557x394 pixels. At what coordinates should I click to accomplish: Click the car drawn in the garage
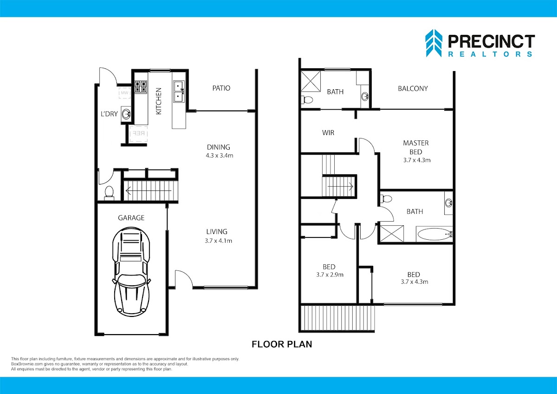coord(131,271)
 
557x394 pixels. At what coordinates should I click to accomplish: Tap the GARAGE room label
coord(131,218)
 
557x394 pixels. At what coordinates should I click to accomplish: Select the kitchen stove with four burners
coord(141,86)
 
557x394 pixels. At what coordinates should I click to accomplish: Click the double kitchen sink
coord(179,92)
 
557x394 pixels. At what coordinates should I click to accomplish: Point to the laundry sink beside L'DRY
coord(126,114)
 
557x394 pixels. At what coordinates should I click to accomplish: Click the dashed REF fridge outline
coord(138,134)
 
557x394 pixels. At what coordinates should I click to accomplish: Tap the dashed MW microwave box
coord(124,93)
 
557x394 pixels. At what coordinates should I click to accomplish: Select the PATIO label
coord(221,88)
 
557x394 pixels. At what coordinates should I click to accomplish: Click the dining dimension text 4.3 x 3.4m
coord(219,156)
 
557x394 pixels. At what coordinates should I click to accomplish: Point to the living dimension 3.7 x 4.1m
coord(218,241)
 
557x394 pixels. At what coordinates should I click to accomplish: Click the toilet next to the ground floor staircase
coord(109,193)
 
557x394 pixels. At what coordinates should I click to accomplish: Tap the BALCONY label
coord(413,89)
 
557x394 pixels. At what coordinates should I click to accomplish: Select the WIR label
coord(328,133)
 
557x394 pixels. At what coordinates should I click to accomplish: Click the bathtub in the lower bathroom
coord(434,234)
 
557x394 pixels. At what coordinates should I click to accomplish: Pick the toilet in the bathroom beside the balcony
coord(307,100)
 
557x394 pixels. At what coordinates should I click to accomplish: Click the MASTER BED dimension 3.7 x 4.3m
coord(417,160)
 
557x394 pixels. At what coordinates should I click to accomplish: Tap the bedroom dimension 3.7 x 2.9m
coord(330,275)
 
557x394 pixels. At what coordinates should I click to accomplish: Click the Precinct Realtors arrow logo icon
coord(434,43)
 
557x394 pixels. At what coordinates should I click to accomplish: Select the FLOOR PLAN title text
coord(282,344)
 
